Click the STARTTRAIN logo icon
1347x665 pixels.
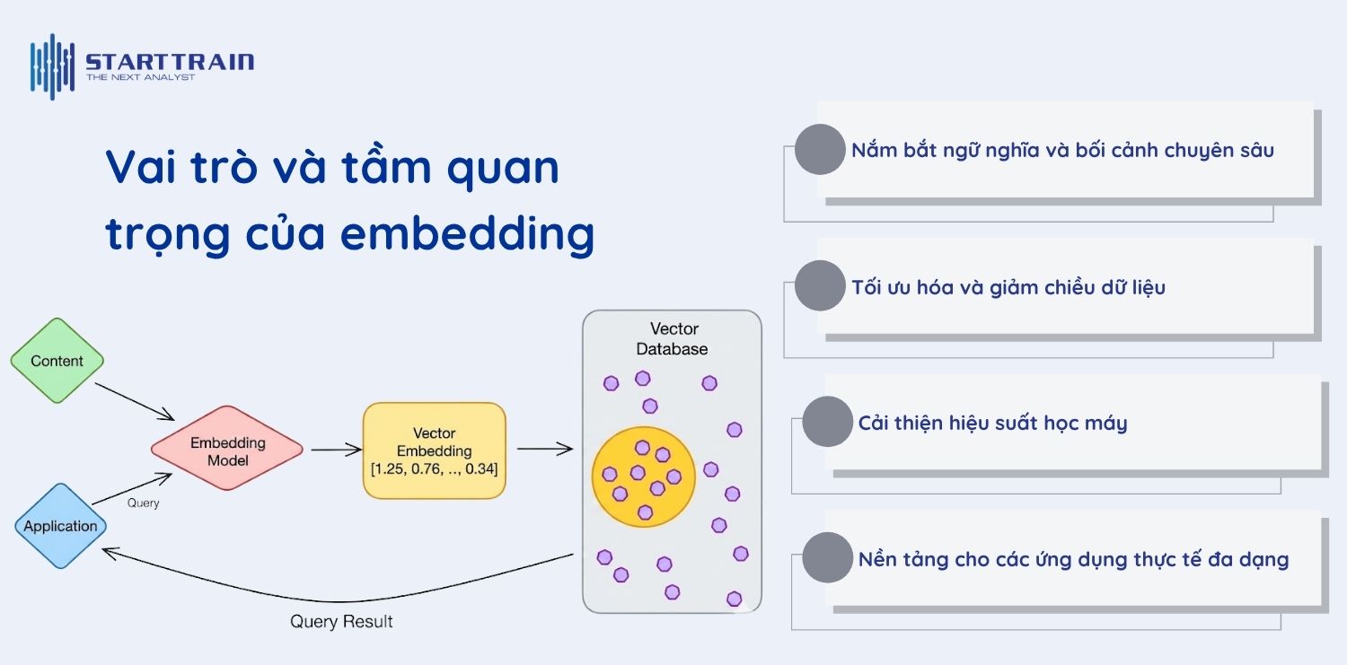pos(52,66)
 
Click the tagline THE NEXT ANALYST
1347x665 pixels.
pos(140,78)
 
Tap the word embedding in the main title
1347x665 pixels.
pos(468,234)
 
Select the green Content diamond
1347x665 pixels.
pos(57,361)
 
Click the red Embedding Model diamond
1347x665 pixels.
pos(227,451)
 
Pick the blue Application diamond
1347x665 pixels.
pos(60,526)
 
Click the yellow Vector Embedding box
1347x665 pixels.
pos(434,451)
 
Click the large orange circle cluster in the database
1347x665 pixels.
pos(642,476)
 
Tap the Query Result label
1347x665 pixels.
pos(341,621)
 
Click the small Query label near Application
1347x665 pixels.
pos(143,503)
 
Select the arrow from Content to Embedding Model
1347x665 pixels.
pos(135,400)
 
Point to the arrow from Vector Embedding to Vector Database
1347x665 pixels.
pos(544,449)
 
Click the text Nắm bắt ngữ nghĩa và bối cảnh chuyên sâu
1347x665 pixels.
pos(1062,150)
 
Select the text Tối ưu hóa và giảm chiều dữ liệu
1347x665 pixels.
pos(1008,287)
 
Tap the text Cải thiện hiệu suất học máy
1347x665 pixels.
pos(992,423)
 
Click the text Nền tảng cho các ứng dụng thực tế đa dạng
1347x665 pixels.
pos(1073,560)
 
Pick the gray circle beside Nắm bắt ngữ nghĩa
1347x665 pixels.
pos(820,149)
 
